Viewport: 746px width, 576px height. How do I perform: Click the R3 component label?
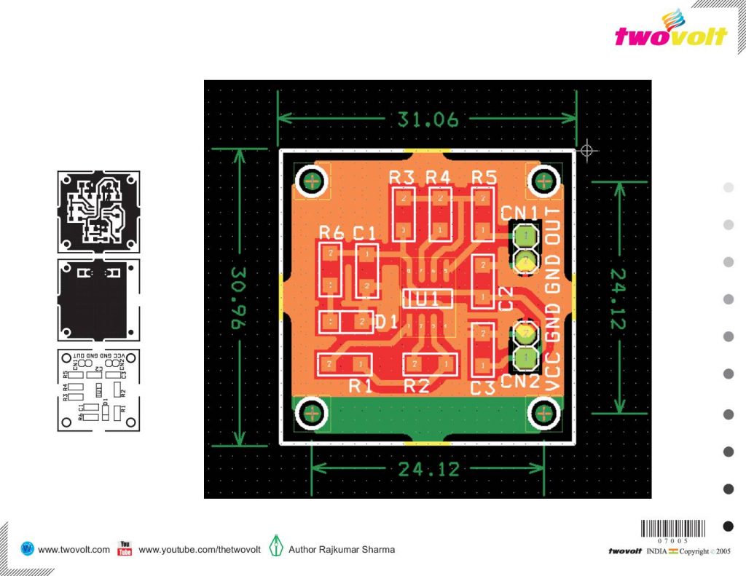coord(401,177)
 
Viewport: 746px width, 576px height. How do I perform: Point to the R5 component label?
coord(484,177)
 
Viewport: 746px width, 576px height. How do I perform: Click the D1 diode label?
coord(386,321)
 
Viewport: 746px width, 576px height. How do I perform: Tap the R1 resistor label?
coord(360,386)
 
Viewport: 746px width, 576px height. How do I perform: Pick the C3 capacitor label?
coord(482,388)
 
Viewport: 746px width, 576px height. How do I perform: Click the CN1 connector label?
coord(519,213)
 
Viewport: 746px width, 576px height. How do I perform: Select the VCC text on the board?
coord(554,369)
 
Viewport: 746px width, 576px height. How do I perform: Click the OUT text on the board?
coord(554,230)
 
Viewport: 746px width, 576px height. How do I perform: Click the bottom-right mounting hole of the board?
coord(543,413)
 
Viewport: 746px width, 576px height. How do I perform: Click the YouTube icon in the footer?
coord(125,549)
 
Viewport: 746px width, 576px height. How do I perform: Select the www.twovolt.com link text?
coord(74,550)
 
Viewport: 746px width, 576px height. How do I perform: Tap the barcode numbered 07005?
coord(673,531)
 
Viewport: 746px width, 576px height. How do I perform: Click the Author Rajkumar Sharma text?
coord(342,550)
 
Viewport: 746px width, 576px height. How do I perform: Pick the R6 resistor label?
coord(331,232)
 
